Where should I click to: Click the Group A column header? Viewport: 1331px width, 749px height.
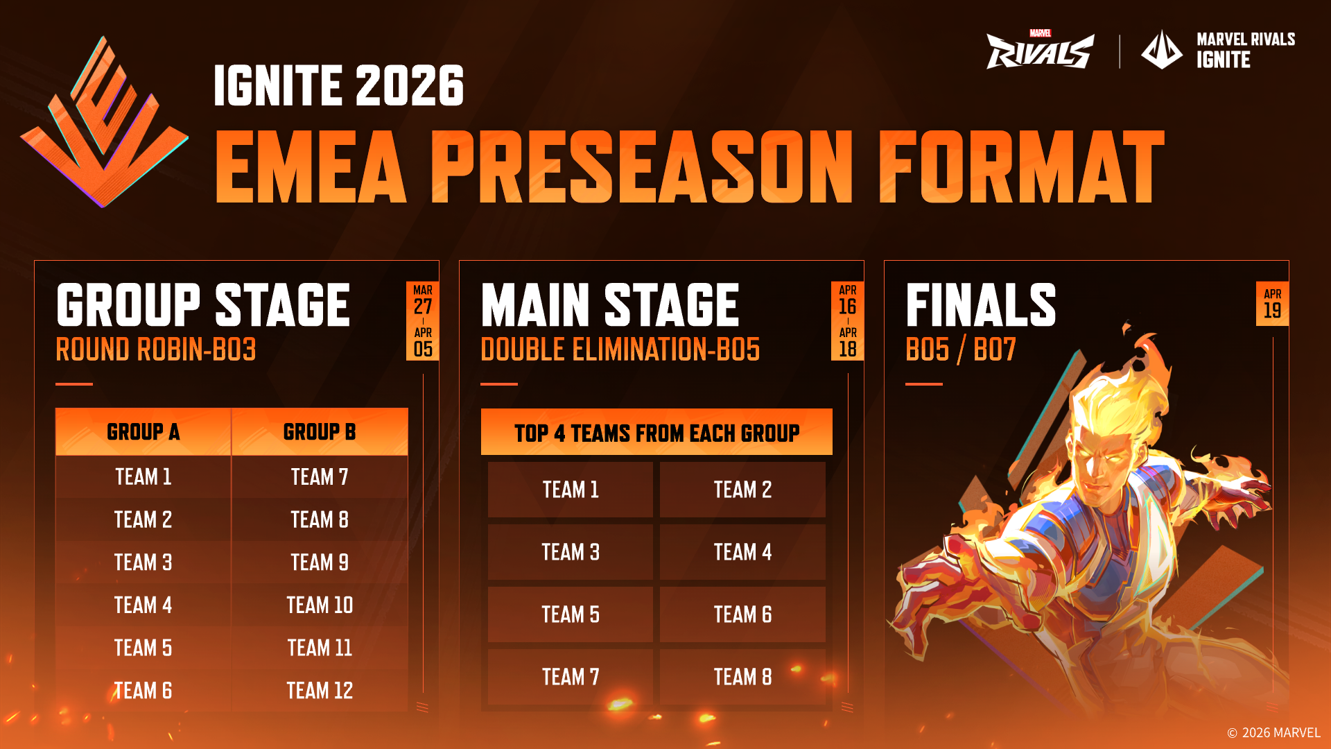pyautogui.click(x=143, y=432)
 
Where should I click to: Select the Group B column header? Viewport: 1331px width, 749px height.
pyautogui.click(x=320, y=432)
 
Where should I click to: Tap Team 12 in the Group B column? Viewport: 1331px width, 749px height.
pyautogui.click(x=320, y=691)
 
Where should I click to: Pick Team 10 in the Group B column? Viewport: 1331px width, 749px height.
pyautogui.click(x=320, y=605)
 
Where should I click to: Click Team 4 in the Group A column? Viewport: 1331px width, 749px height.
pyautogui.click(x=143, y=605)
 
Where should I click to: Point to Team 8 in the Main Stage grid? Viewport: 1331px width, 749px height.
pyautogui.click(x=742, y=677)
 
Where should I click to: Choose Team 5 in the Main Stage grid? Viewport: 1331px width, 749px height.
pyautogui.click(x=571, y=614)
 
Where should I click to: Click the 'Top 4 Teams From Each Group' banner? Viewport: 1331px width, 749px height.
pyautogui.click(x=656, y=432)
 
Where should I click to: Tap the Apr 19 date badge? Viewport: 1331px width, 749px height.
pyautogui.click(x=1272, y=304)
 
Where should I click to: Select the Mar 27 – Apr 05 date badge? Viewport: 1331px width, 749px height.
pyautogui.click(x=423, y=321)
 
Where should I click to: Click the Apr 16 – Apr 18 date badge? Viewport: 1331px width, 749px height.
pyautogui.click(x=848, y=321)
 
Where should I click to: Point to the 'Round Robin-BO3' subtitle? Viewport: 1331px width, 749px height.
pyautogui.click(x=156, y=350)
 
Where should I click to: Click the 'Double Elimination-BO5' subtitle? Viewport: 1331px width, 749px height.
pyautogui.click(x=620, y=350)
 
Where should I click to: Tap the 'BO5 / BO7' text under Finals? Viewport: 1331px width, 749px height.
pyautogui.click(x=961, y=350)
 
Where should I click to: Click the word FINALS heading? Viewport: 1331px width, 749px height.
pyautogui.click(x=981, y=304)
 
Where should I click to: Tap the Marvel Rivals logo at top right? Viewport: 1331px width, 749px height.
pyautogui.click(x=1041, y=50)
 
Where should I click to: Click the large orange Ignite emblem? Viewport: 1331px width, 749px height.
pyautogui.click(x=104, y=122)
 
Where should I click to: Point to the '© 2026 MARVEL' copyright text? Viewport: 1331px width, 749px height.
pyautogui.click(x=1273, y=733)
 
